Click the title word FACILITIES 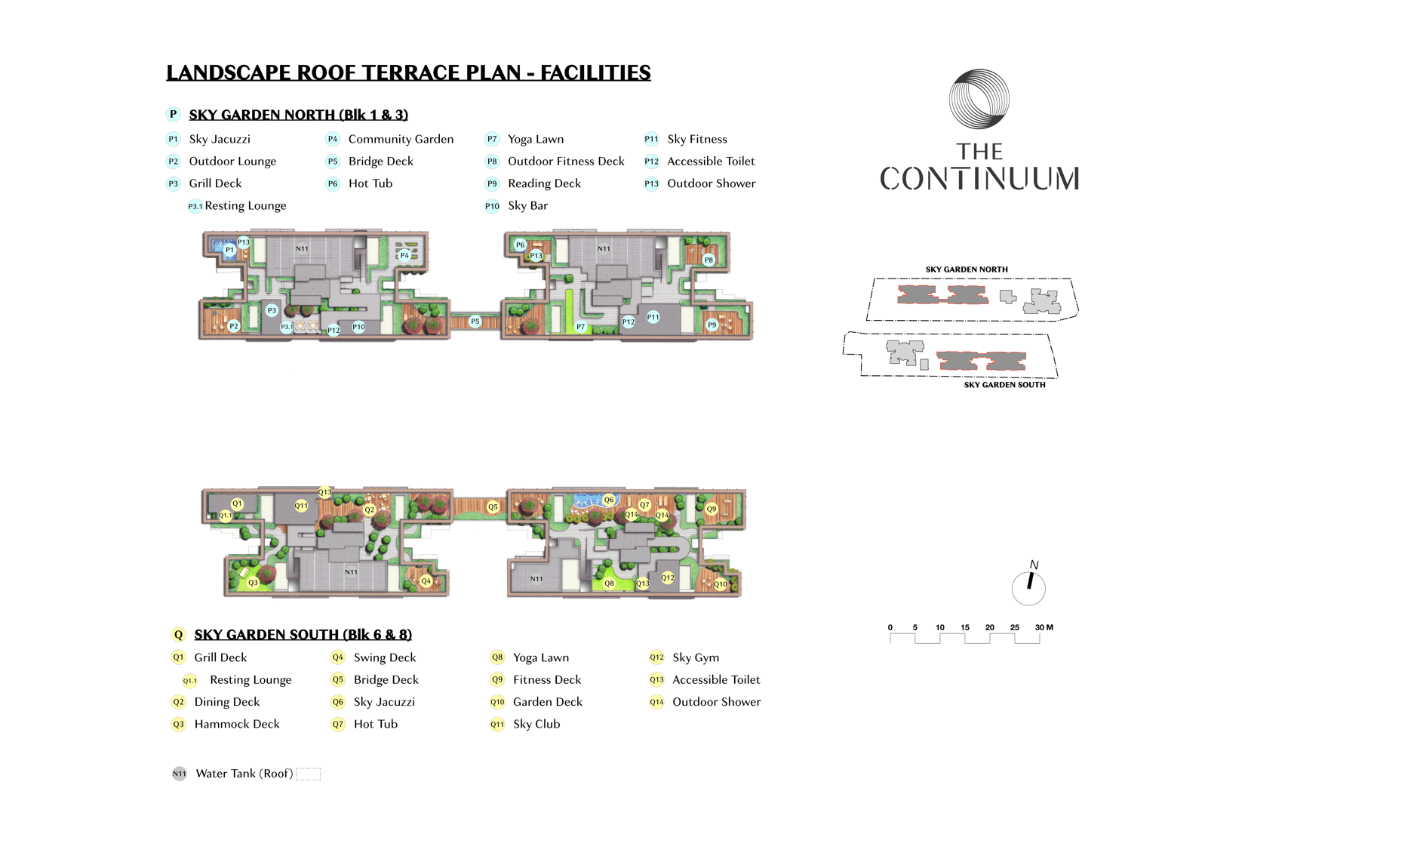[595, 72]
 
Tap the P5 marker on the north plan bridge [475, 322]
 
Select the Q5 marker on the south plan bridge [493, 507]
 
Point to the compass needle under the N [1030, 580]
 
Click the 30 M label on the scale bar [1044, 627]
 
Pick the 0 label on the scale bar [890, 627]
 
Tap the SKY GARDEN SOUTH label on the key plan [1004, 385]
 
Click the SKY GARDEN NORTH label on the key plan [967, 269]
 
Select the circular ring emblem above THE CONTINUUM [979, 99]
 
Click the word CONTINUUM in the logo [979, 179]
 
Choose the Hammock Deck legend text [237, 724]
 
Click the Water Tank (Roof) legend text [244, 774]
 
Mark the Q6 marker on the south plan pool [609, 500]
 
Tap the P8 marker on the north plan [709, 260]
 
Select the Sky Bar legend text [528, 205]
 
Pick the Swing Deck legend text [385, 658]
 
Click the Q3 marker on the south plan [254, 583]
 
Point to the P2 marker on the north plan [234, 326]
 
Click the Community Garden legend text [401, 140]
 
